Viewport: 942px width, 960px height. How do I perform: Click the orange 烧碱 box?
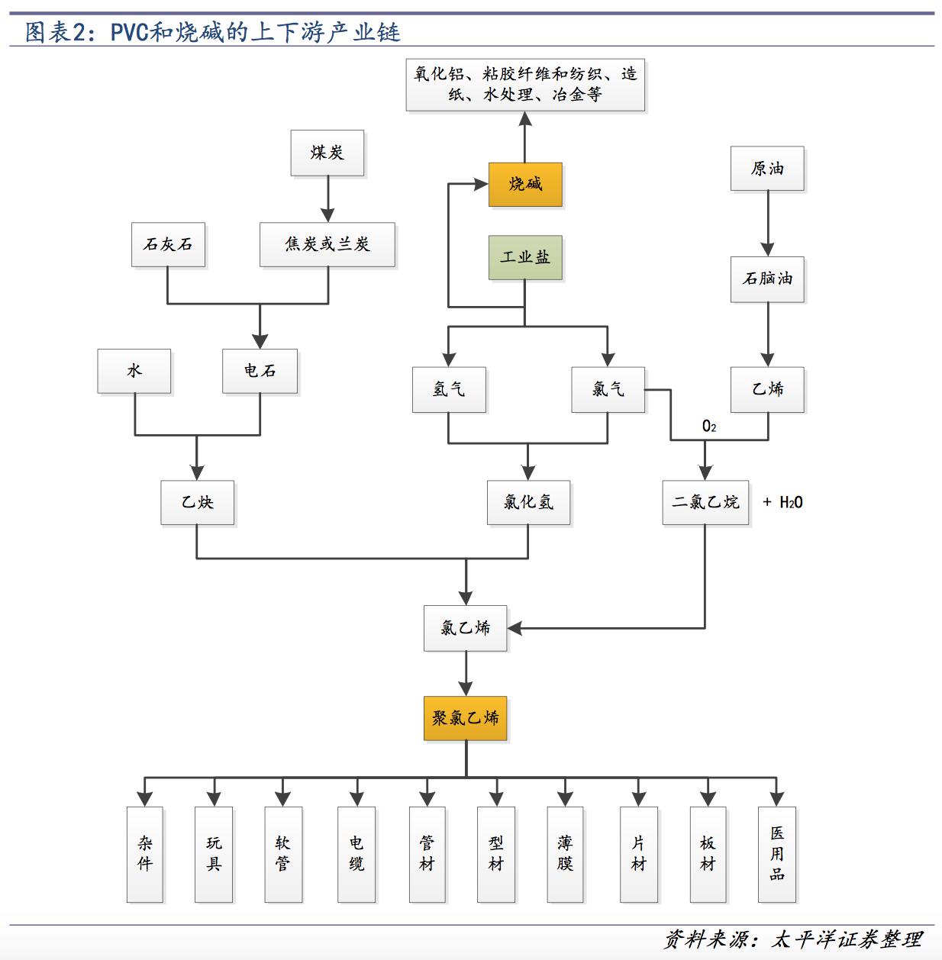[525, 184]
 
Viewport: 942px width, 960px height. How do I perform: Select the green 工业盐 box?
[525, 257]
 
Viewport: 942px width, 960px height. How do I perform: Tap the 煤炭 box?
[327, 153]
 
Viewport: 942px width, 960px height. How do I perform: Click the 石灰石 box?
[168, 244]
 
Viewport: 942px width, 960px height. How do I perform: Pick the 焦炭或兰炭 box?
[327, 244]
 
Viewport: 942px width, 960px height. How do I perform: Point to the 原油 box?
[767, 169]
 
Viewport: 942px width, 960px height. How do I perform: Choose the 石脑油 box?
[767, 279]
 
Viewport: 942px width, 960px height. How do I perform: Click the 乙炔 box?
[197, 502]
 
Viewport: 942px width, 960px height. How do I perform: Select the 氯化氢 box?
[528, 502]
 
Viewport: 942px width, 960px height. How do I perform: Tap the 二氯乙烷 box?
[705, 502]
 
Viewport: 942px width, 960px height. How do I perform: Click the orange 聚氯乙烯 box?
[466, 718]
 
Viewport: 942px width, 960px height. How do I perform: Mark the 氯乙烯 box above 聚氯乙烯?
[466, 628]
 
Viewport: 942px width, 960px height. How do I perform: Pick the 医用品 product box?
[776, 854]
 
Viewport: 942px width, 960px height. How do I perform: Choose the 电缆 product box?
[356, 854]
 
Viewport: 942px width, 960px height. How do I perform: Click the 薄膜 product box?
[565, 854]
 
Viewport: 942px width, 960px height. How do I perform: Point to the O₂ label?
[709, 426]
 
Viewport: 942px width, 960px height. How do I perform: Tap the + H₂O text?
[783, 502]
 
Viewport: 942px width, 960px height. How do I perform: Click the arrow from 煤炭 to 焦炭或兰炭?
[327, 200]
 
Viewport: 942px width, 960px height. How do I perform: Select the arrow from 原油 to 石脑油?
[767, 224]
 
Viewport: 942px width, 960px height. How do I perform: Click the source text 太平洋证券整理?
[847, 939]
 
